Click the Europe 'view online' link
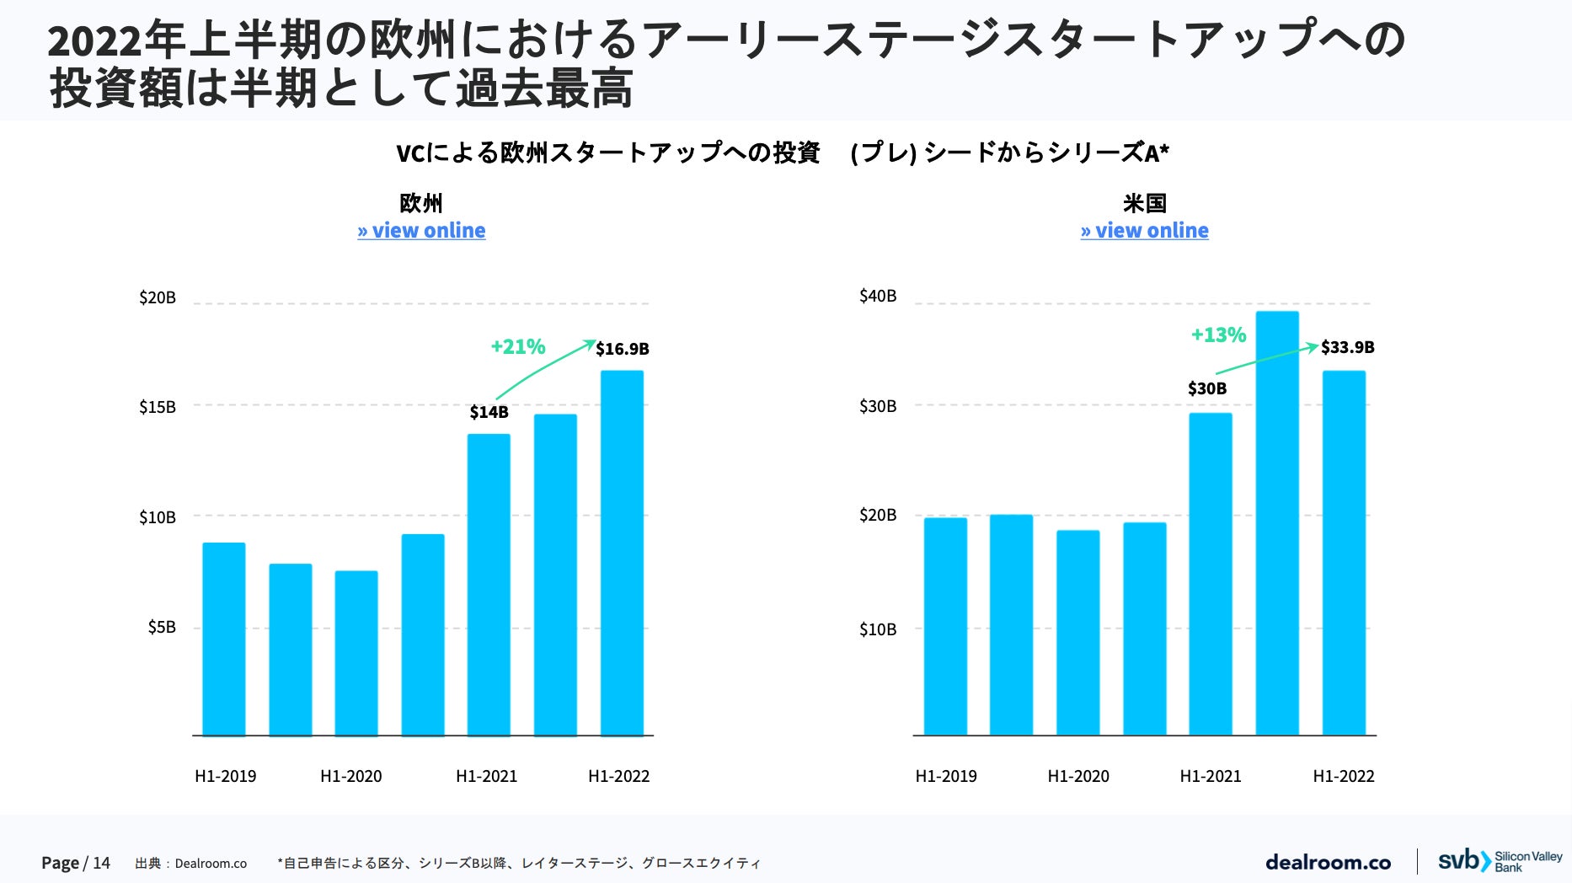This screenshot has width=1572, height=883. point(421,231)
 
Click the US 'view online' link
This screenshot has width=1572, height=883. point(1144,231)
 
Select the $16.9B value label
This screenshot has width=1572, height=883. point(622,349)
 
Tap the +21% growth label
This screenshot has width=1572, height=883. point(517,346)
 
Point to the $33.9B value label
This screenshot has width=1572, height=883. point(1347,347)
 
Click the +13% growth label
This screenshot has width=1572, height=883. point(1217,334)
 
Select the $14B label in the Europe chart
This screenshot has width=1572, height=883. point(489,412)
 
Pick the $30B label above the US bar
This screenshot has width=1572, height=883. point(1206,388)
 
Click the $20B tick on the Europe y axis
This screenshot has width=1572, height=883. point(158,297)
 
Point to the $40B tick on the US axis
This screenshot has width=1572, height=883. point(878,296)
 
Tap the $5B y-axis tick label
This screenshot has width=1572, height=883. point(162,627)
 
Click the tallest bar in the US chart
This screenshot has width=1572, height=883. point(1277,522)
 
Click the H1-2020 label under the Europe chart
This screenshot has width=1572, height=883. point(350,776)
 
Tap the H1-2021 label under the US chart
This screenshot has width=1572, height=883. point(1210,776)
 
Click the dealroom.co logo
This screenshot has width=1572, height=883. point(1328,862)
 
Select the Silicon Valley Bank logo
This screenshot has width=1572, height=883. point(1500,861)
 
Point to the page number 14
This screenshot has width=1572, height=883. point(101,863)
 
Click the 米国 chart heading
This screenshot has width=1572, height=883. point(1144,203)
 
